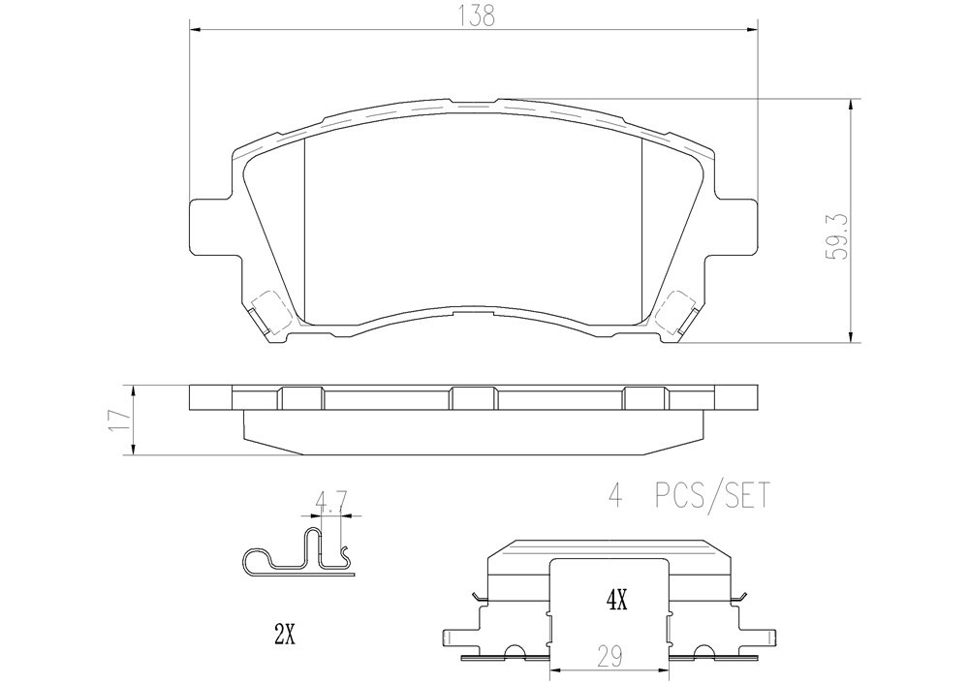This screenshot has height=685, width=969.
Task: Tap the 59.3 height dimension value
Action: point(840,236)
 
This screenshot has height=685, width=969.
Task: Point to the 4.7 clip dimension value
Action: point(330,499)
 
